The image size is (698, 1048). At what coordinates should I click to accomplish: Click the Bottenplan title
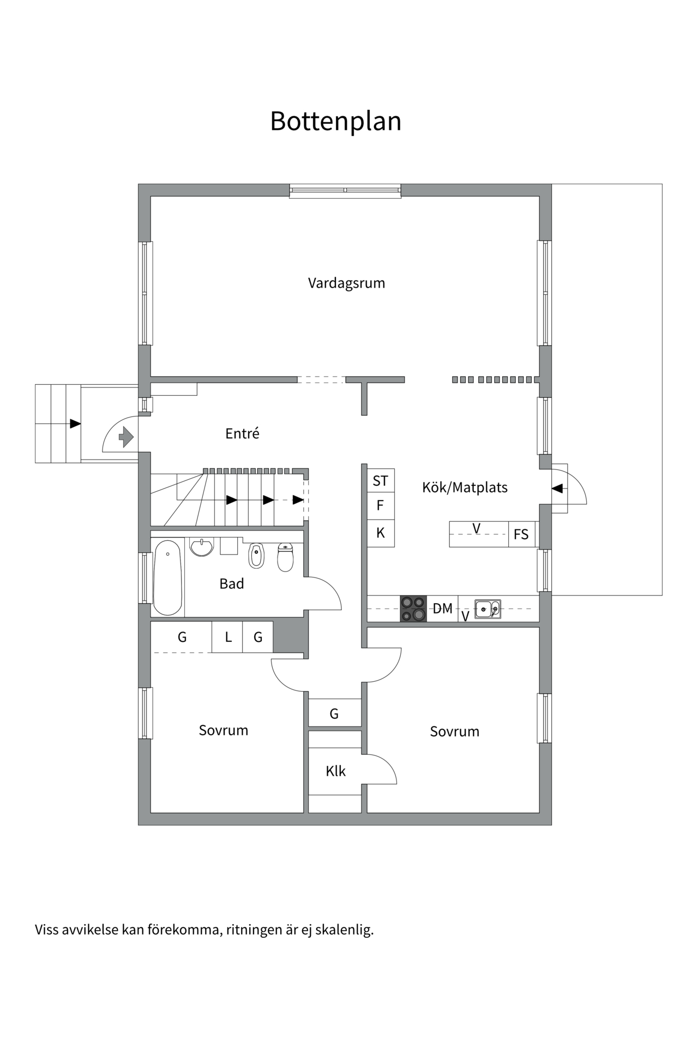(335, 121)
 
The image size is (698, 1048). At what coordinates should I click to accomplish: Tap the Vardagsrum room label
(346, 283)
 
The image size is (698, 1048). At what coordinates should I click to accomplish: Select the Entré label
(242, 433)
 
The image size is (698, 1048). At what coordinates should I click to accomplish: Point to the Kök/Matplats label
(465, 487)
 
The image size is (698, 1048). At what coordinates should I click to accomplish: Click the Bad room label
(231, 583)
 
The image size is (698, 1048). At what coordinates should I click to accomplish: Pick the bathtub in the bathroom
(167, 577)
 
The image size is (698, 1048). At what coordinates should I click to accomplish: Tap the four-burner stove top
(413, 609)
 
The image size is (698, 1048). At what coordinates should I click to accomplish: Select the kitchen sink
(488, 609)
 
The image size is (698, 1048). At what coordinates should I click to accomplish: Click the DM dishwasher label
(442, 608)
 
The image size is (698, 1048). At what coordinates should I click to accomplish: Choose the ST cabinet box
(381, 481)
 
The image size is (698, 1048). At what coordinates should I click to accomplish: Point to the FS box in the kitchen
(521, 534)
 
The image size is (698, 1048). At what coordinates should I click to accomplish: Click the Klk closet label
(335, 771)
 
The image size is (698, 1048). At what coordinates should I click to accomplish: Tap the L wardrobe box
(228, 637)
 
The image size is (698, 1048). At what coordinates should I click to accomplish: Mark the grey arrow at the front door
(127, 437)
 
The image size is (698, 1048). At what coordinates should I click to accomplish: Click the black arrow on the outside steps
(75, 424)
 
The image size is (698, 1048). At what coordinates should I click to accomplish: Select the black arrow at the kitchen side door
(557, 489)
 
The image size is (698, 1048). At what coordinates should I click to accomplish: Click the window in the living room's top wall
(345, 190)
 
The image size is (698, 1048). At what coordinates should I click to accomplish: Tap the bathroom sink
(202, 546)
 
